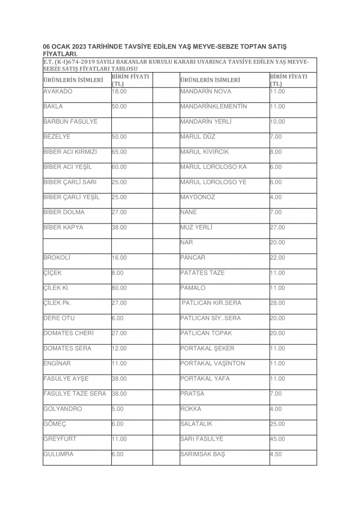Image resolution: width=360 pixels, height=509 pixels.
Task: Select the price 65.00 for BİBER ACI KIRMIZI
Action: click(119, 152)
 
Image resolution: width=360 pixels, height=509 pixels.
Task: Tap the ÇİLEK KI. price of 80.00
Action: click(119, 288)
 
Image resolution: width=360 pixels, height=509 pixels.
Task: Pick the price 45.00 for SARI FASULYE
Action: click(277, 439)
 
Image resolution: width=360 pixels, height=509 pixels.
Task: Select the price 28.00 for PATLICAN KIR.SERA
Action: click(277, 303)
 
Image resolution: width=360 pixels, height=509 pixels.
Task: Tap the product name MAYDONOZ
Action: click(198, 197)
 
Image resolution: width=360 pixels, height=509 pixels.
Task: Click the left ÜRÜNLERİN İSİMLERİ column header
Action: click(73, 80)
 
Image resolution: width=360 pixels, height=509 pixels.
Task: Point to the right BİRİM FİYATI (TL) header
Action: click(289, 80)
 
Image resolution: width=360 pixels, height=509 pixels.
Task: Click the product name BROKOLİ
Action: click(56, 257)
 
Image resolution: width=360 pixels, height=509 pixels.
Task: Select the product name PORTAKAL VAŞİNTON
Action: click(213, 363)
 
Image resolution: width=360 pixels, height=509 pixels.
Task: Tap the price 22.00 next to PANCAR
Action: click(277, 257)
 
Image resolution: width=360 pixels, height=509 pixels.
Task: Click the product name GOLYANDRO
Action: click(62, 409)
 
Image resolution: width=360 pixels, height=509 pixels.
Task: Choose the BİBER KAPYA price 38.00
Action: click(119, 227)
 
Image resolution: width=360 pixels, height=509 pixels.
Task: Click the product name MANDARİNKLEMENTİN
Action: click(214, 106)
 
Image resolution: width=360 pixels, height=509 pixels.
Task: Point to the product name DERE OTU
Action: click(59, 318)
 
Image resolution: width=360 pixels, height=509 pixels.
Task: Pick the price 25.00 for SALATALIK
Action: click(277, 424)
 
